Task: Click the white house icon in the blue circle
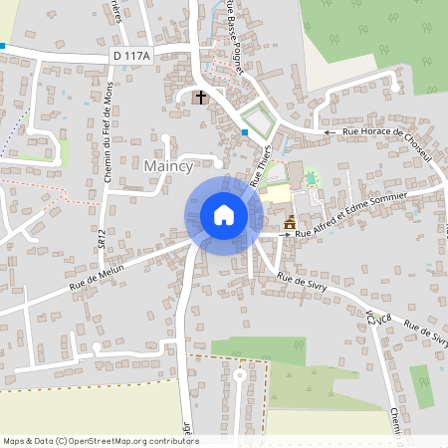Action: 223,215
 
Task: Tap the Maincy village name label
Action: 172,164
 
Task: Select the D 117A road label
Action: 130,57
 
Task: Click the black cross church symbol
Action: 201,98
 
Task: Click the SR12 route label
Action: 102,237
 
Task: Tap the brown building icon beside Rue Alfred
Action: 290,222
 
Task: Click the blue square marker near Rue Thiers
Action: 245,131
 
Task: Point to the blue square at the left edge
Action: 3,46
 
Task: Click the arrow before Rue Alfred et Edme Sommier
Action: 283,235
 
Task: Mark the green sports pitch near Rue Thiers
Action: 310,178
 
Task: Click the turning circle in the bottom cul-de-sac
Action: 240,377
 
